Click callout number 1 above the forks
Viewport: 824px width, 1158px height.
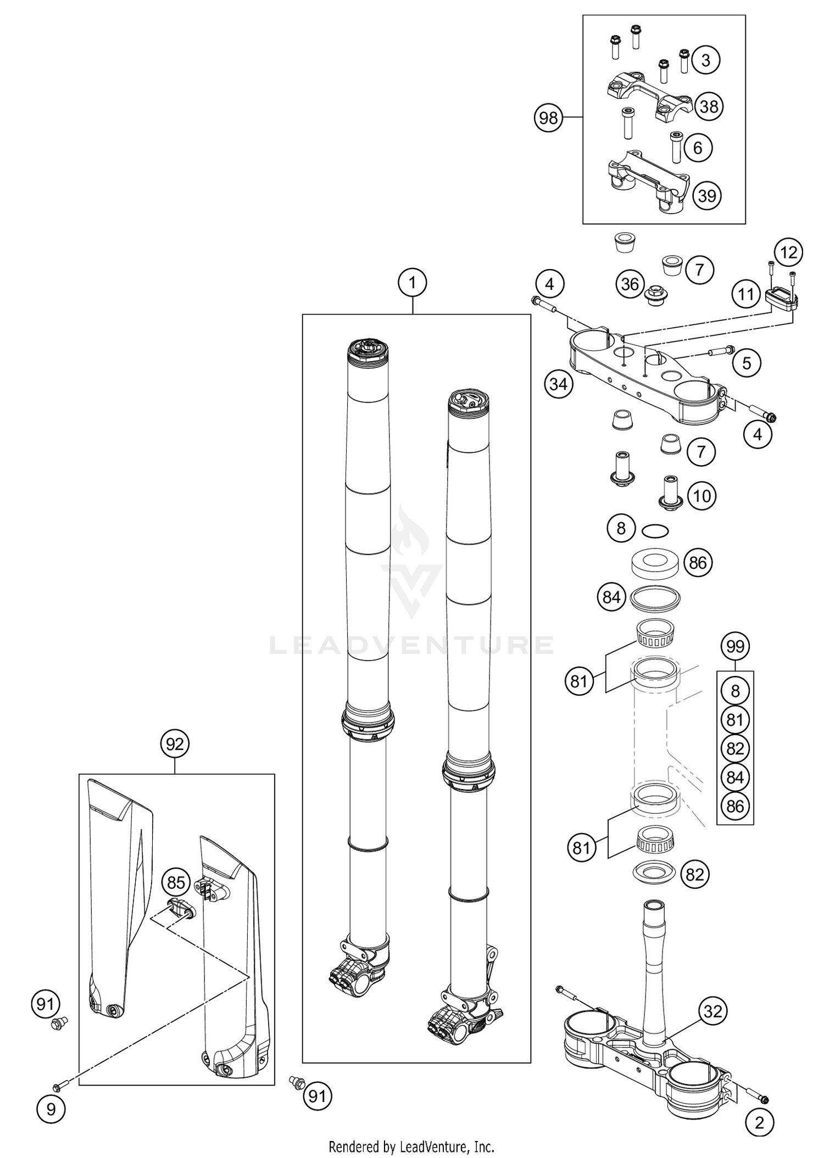[x=412, y=283]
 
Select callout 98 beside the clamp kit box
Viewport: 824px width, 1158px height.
[x=548, y=118]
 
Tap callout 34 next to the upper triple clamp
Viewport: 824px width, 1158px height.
[x=558, y=384]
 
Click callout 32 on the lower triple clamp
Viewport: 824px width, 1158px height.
[x=713, y=1011]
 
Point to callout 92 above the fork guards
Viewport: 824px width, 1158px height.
[x=175, y=744]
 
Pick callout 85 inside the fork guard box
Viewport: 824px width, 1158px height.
[x=176, y=882]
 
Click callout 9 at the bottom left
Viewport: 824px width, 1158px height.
[x=51, y=1110]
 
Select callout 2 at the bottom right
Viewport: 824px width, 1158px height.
[x=760, y=1123]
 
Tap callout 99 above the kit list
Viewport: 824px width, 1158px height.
[x=735, y=646]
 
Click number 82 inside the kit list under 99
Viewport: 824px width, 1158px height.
[x=735, y=748]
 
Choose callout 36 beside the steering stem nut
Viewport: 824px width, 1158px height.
[x=630, y=284]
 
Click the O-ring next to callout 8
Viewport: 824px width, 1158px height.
[x=655, y=531]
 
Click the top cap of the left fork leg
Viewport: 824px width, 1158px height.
[x=368, y=350]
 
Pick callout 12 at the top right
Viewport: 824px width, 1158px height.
[x=788, y=253]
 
